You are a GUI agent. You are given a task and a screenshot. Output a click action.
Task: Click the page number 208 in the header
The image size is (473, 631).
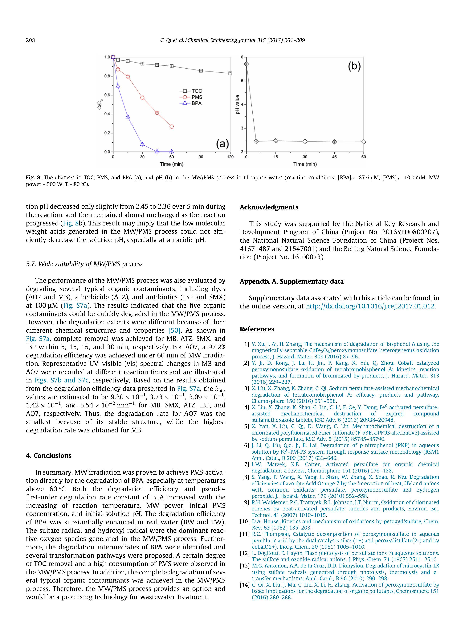tap(30, 40)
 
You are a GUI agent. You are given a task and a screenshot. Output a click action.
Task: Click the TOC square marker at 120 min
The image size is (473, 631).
tap(230, 73)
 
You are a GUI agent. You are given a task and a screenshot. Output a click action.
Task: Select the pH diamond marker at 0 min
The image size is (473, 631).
tap(246, 64)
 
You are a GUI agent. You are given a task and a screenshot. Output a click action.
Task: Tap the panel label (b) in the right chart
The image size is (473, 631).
tap(354, 66)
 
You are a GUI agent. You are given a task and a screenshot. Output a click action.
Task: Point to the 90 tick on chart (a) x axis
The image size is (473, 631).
tap(201, 157)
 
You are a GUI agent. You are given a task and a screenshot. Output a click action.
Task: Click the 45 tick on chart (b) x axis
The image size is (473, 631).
tap(334, 157)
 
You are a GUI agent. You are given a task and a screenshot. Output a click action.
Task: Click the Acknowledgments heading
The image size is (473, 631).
tap(269, 207)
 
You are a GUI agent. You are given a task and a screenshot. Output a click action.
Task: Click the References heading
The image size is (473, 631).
tap(257, 329)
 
